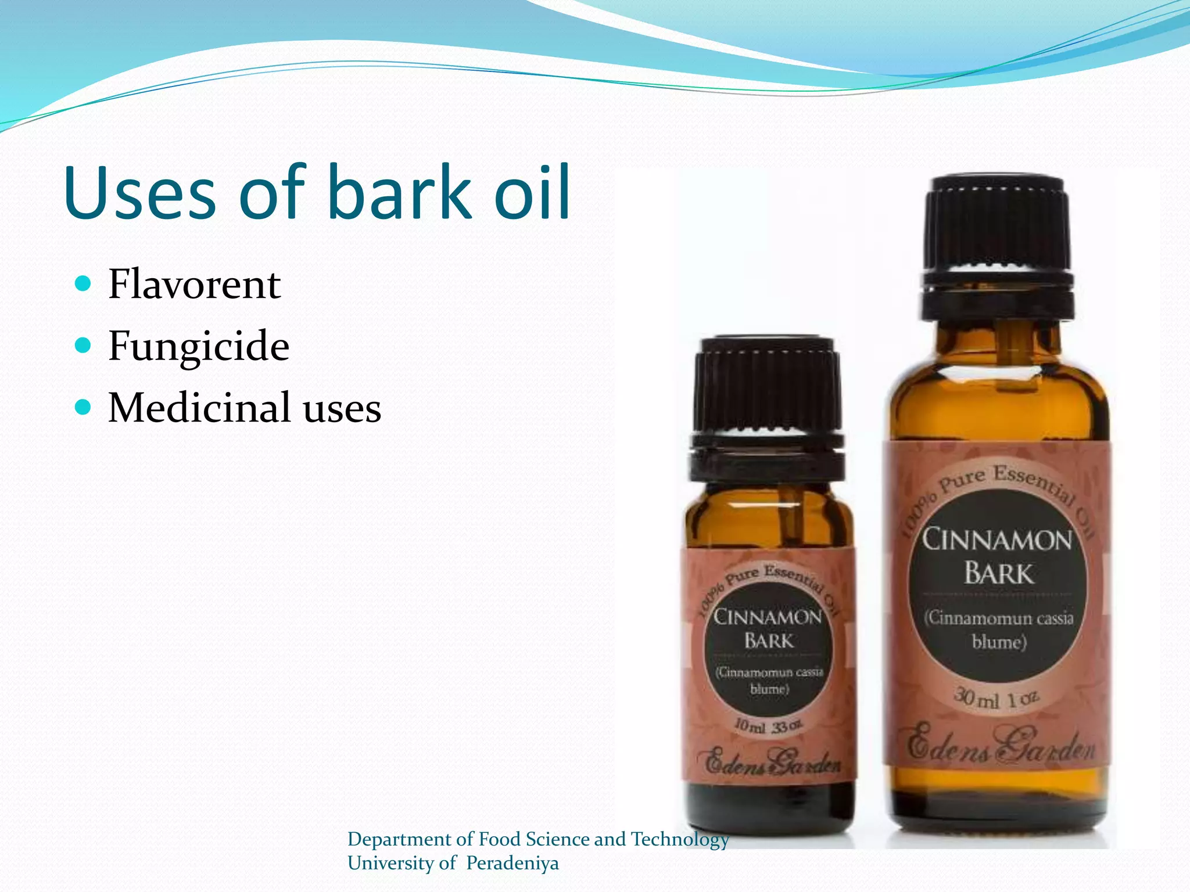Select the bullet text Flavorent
[x=195, y=285]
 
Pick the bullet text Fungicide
[x=199, y=346]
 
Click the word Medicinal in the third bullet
[x=199, y=408]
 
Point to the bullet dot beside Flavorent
[x=84, y=284]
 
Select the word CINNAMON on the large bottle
[x=997, y=540]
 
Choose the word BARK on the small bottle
[x=768, y=641]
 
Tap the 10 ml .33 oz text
[x=768, y=726]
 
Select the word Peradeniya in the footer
[x=512, y=864]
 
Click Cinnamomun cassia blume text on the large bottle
[x=999, y=630]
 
